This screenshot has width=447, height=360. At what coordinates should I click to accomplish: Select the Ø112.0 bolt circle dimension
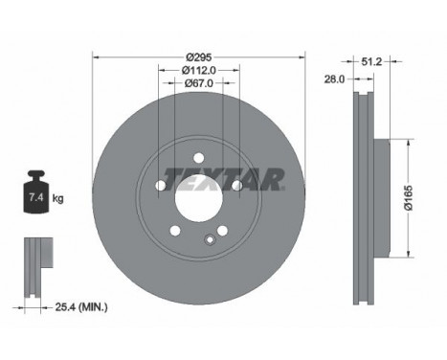(199, 69)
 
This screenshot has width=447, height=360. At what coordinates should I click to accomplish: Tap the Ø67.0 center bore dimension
(199, 83)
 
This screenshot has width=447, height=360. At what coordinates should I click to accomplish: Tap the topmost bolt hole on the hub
(198, 158)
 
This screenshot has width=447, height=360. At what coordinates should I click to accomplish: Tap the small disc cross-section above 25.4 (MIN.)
(36, 259)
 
